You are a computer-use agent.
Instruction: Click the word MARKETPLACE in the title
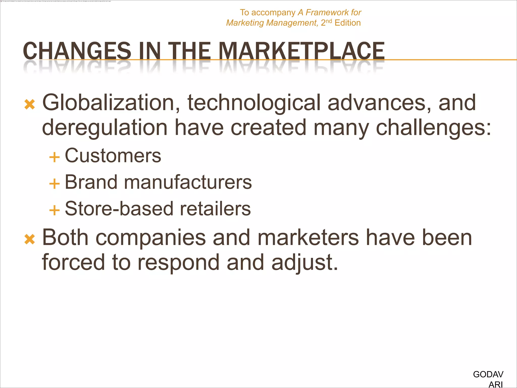point(301,51)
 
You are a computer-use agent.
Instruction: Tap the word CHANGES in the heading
point(77,51)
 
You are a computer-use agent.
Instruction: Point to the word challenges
point(433,128)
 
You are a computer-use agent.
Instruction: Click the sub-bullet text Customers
point(113,156)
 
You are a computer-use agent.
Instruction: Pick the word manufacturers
point(188,182)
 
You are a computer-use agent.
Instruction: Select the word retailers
point(215,209)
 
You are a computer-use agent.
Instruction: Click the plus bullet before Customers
point(54,157)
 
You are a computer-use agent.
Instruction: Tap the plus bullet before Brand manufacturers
point(54,184)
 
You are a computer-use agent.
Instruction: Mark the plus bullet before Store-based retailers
point(54,210)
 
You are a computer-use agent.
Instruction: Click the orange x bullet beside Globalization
point(30,105)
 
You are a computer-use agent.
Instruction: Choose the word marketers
point(308,238)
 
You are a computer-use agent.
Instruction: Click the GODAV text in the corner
point(488,374)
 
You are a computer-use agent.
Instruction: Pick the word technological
point(254,103)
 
